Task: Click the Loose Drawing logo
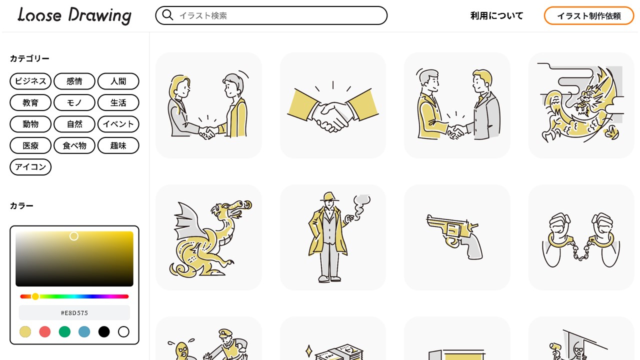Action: coord(74,15)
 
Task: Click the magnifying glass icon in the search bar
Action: coord(167,15)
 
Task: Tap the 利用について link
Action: coord(496,15)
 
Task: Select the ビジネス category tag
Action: coord(30,81)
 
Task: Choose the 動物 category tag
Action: coord(30,124)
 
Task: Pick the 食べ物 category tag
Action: coord(74,145)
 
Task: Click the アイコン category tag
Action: coord(30,167)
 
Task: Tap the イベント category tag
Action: coord(118,124)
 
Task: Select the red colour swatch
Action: coord(45,331)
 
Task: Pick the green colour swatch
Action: coord(64,331)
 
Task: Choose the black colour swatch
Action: coord(104,331)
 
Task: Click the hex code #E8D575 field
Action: coord(74,313)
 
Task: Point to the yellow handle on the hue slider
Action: coord(35,296)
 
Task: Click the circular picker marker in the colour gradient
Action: coord(74,236)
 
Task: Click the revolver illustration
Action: coord(454,237)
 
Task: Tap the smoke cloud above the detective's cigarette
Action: coord(361,205)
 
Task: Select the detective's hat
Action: coord(329,196)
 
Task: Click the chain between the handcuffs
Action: coord(581,250)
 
